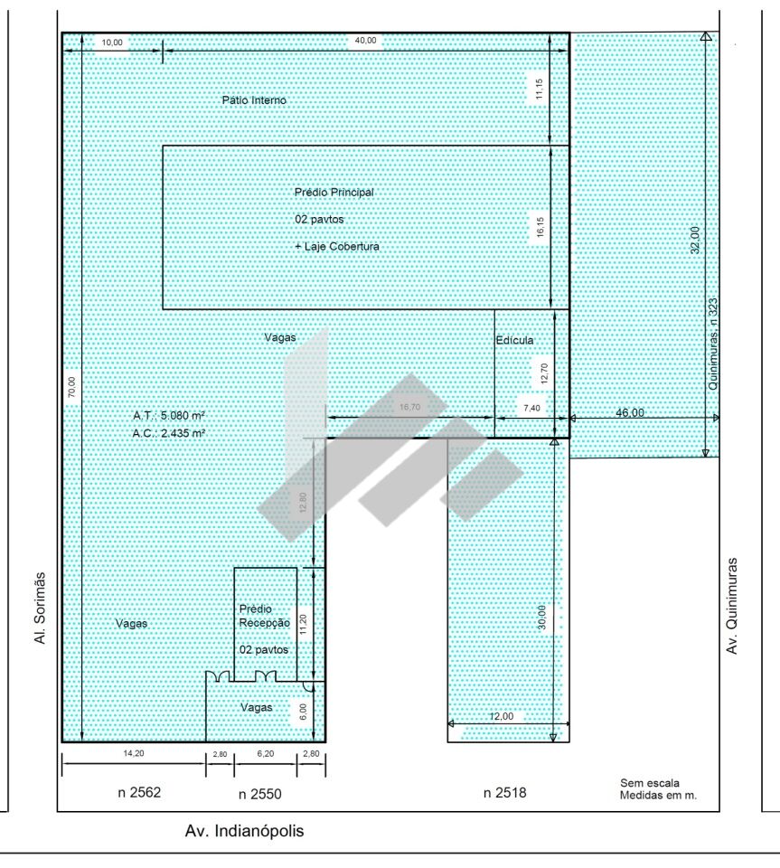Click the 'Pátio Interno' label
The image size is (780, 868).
tap(254, 100)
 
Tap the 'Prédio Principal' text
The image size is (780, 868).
tap(334, 192)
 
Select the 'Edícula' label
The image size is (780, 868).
tap(514, 340)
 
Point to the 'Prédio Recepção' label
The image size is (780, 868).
tap(265, 616)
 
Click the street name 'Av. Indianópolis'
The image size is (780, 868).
tap(245, 831)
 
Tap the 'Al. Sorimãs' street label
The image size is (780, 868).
tap(40, 608)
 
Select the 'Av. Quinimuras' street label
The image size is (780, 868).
tap(732, 606)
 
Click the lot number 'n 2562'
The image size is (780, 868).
tap(139, 792)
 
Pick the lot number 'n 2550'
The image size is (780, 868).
tap(260, 794)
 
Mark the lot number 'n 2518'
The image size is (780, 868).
tap(505, 793)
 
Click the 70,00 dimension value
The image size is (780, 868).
tap(72, 387)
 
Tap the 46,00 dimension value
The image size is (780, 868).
tap(630, 412)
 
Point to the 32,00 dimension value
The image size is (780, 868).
tap(695, 241)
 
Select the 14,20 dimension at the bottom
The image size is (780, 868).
tap(134, 753)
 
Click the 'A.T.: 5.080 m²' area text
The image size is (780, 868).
tap(169, 415)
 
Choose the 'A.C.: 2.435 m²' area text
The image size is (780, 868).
tap(169, 433)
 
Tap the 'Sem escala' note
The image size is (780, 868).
tap(650, 783)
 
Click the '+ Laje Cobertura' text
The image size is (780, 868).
tap(337, 246)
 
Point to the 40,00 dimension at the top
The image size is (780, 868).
tap(365, 41)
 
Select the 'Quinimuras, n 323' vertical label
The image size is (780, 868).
tap(713, 344)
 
